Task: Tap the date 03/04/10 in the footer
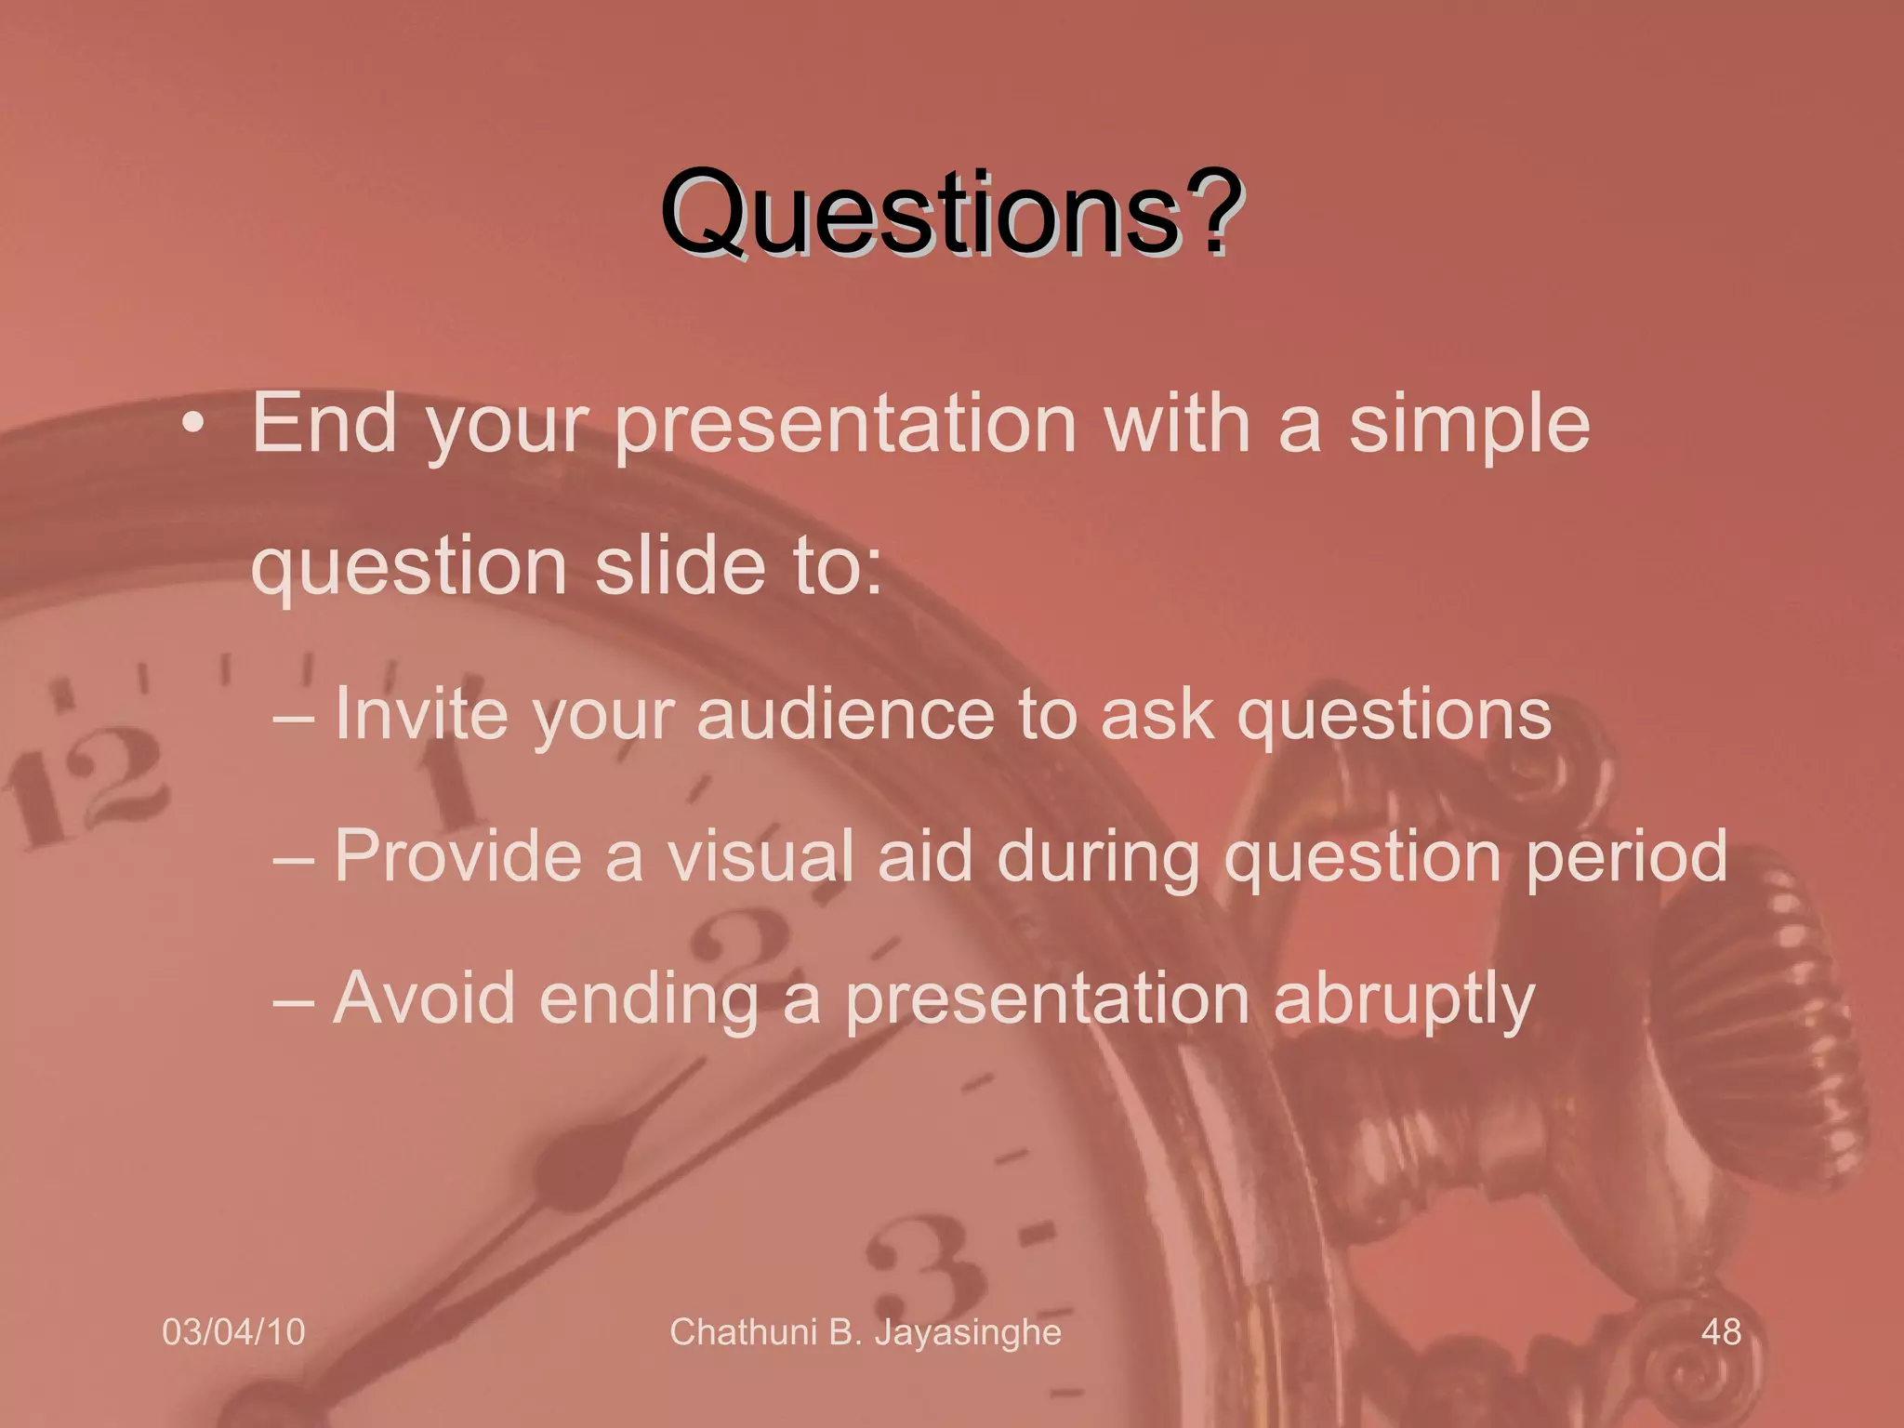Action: tap(233, 1332)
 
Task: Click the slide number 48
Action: tap(1721, 1332)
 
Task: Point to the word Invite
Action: tap(420, 714)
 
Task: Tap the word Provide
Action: tap(457, 855)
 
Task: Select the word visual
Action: tap(760, 855)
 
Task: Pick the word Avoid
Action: tap(424, 998)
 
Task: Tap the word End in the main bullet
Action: tap(324, 423)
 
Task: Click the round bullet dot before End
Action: tap(192, 425)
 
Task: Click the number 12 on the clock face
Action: tap(88, 786)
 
